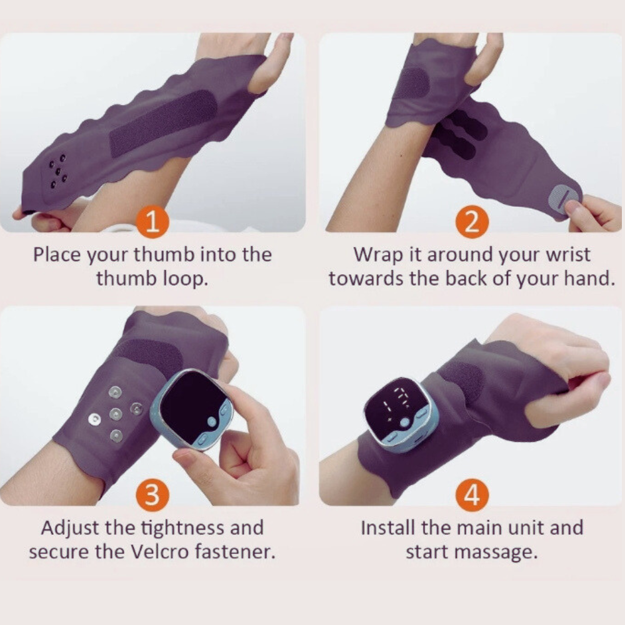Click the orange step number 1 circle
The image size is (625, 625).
coord(152,222)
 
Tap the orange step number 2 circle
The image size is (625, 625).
coord(472,222)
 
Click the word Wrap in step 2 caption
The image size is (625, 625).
coord(378,256)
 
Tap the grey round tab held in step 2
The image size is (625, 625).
coord(562,199)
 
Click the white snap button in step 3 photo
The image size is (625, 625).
coord(94,419)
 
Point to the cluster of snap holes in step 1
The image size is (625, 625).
coord(58,171)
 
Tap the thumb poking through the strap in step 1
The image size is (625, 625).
coord(269,64)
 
